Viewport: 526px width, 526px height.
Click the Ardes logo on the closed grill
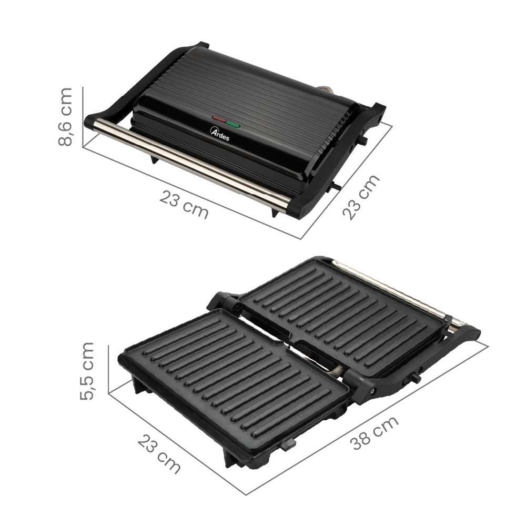(x=220, y=134)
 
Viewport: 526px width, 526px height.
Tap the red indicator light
(x=219, y=119)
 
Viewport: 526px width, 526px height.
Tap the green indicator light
(x=233, y=125)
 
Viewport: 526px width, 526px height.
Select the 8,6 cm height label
(x=65, y=117)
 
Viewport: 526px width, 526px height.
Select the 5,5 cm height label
(x=87, y=371)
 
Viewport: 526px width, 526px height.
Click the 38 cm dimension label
(x=374, y=433)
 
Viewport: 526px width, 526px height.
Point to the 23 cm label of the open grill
(x=159, y=453)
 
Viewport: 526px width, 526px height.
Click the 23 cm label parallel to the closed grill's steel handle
(x=184, y=205)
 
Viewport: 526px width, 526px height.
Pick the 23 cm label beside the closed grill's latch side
(x=361, y=197)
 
